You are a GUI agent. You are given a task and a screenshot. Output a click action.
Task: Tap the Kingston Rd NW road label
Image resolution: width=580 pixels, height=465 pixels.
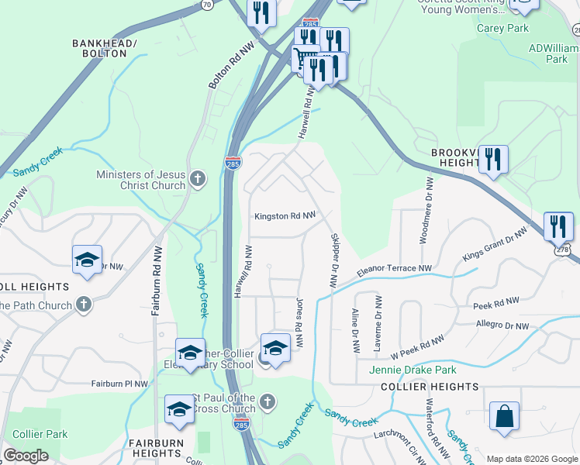[x=285, y=216]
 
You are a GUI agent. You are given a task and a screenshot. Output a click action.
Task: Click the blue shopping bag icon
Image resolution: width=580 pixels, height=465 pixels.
[x=504, y=415]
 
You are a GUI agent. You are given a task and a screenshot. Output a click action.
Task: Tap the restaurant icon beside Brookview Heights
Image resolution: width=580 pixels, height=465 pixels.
[x=493, y=160]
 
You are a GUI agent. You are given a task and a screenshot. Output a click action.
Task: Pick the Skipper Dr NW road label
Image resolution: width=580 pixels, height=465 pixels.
[x=334, y=260]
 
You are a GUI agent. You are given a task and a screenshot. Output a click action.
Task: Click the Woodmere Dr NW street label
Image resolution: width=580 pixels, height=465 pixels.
[x=426, y=210]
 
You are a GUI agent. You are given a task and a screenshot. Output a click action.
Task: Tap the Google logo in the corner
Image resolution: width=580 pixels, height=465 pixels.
[x=26, y=456]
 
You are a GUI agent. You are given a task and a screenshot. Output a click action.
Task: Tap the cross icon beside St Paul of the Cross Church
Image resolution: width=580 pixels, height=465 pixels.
[x=267, y=401]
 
